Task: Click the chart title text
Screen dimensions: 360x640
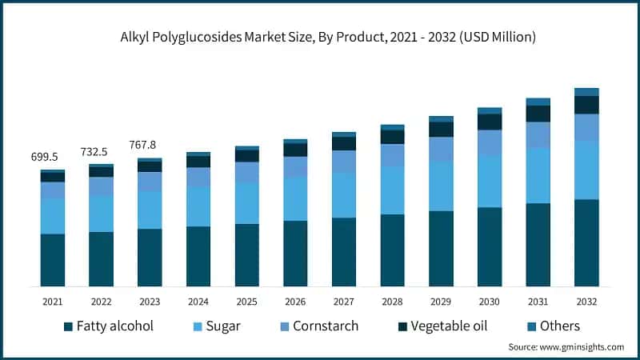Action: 320,37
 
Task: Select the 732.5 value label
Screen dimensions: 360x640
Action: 101,152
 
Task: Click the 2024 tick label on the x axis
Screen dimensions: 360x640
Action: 198,302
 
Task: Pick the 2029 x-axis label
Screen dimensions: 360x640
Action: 441,302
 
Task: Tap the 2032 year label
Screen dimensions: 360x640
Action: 586,302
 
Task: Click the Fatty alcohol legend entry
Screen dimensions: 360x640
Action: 108,326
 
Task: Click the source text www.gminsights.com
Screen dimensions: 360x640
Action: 566,346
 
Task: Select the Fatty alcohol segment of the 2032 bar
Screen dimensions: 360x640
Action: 586,242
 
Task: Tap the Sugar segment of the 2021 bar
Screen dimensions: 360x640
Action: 53,216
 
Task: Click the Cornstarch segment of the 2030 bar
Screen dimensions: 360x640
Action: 490,142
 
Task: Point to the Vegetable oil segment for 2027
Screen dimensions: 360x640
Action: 344,143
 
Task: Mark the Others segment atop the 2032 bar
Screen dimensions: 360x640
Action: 586,92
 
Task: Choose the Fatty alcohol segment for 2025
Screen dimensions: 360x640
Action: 246,254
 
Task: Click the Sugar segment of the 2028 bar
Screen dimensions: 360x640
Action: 392,190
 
